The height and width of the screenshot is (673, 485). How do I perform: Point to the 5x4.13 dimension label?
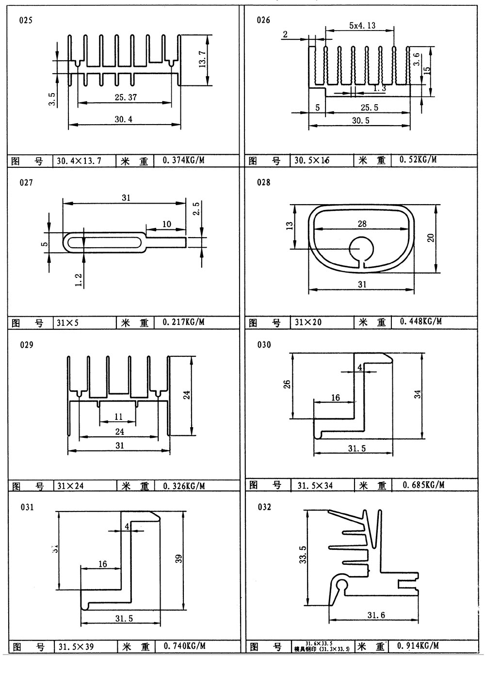(362, 26)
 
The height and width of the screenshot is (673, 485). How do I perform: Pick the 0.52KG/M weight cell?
(418, 160)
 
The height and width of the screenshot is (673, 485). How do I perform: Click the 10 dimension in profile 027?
(166, 224)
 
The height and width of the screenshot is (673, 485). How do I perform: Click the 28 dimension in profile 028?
(362, 224)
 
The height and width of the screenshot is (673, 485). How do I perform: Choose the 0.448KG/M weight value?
(420, 321)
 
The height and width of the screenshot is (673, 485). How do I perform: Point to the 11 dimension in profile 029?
(118, 416)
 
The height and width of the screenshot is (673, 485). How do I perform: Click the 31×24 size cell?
(70, 485)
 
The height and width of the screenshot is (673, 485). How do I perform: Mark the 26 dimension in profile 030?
(287, 384)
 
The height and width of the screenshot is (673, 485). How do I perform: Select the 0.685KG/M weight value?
(423, 484)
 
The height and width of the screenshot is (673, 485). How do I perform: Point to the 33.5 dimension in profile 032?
(302, 554)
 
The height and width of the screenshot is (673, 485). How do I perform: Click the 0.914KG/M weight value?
(418, 646)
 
